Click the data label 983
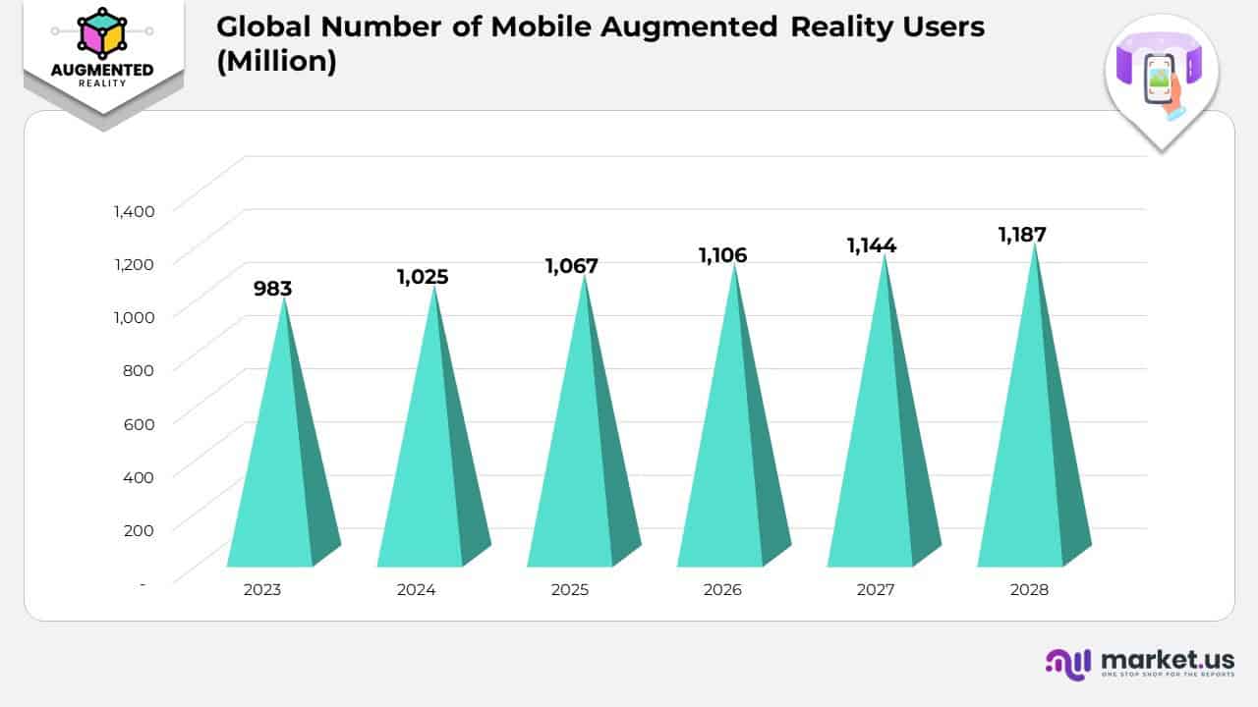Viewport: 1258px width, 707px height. click(x=272, y=289)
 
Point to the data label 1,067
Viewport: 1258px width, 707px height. click(x=572, y=266)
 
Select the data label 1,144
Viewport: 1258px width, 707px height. click(x=872, y=245)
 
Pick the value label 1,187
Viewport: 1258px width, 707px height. click(x=1022, y=235)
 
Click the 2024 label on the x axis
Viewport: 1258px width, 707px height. click(x=417, y=590)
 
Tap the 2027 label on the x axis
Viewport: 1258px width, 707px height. click(x=876, y=590)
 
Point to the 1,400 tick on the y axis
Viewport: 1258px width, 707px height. click(x=134, y=210)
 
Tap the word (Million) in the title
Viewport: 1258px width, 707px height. click(x=276, y=61)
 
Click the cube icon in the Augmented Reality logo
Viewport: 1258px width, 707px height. click(x=102, y=33)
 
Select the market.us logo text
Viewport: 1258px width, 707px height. click(x=1168, y=659)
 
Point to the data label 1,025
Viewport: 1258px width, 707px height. click(x=423, y=277)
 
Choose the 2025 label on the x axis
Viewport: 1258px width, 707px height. click(x=570, y=590)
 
